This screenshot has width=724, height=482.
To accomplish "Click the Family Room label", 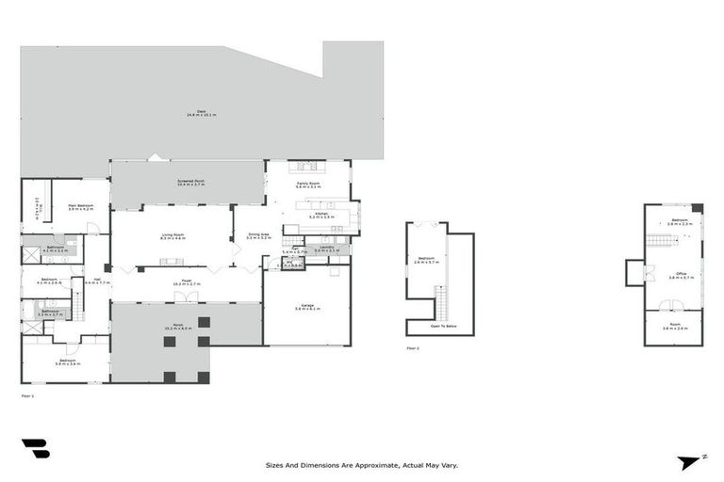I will point(308,185).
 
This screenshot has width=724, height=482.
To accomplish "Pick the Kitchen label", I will point(321,215).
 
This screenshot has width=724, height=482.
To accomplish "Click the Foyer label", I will point(185,281).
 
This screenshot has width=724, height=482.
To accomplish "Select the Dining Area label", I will point(258,236).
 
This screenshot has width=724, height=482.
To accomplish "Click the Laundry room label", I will point(326,249).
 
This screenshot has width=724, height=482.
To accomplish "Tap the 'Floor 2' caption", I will point(412,348).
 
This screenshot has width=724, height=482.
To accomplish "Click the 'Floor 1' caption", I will point(27,396).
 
